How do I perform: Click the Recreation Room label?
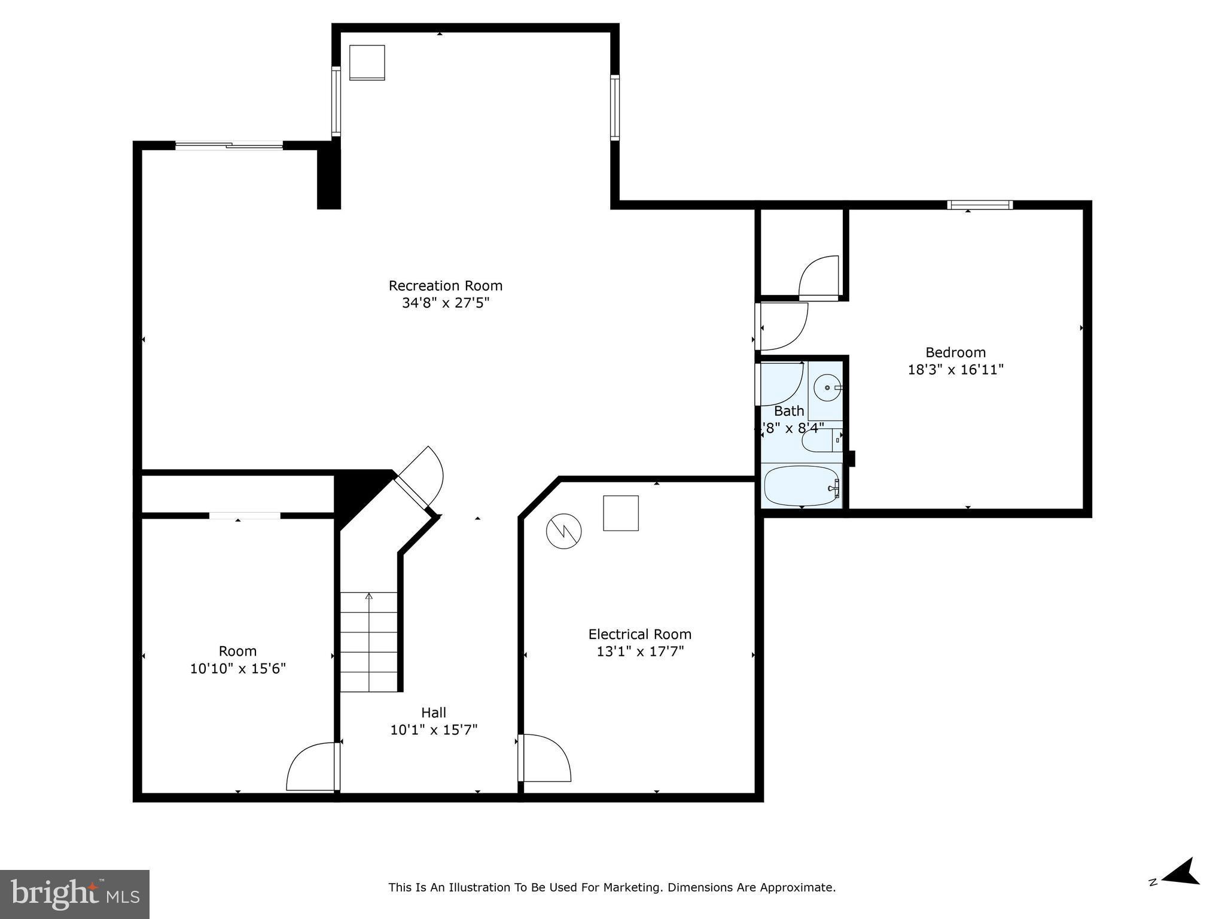tap(445, 285)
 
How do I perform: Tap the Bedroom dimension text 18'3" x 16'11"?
tap(955, 370)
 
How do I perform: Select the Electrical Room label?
tap(639, 634)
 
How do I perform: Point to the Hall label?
tap(434, 713)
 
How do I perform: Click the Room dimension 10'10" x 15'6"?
tap(237, 668)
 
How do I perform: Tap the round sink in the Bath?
tap(828, 388)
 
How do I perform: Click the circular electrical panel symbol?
tap(563, 530)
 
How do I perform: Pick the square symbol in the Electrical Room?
tap(621, 513)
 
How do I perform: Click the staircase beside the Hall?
tap(369, 642)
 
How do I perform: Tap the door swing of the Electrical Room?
tap(544, 759)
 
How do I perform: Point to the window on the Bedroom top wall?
tap(980, 205)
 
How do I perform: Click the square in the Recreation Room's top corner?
tap(367, 62)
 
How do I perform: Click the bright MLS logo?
tap(74, 894)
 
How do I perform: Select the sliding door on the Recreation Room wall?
tap(229, 145)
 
